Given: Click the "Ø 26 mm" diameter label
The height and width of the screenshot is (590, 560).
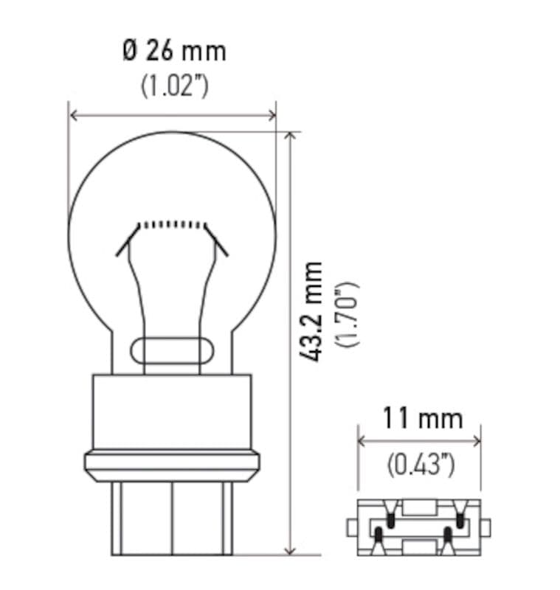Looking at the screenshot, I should pos(174,52).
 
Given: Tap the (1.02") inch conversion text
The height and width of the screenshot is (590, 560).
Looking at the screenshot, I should pos(174,86).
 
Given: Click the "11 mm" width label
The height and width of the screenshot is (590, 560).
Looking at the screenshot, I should pos(421,420).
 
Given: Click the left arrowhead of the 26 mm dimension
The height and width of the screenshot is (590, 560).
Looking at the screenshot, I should pos(72,115).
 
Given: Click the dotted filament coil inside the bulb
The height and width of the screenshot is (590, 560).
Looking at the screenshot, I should pos(171,223).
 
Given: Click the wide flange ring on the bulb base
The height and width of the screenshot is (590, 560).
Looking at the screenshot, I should pos(172,463).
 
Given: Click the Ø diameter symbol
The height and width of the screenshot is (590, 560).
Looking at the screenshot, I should pos(130,52).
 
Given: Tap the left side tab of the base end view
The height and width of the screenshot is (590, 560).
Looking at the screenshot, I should pos(353,528).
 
